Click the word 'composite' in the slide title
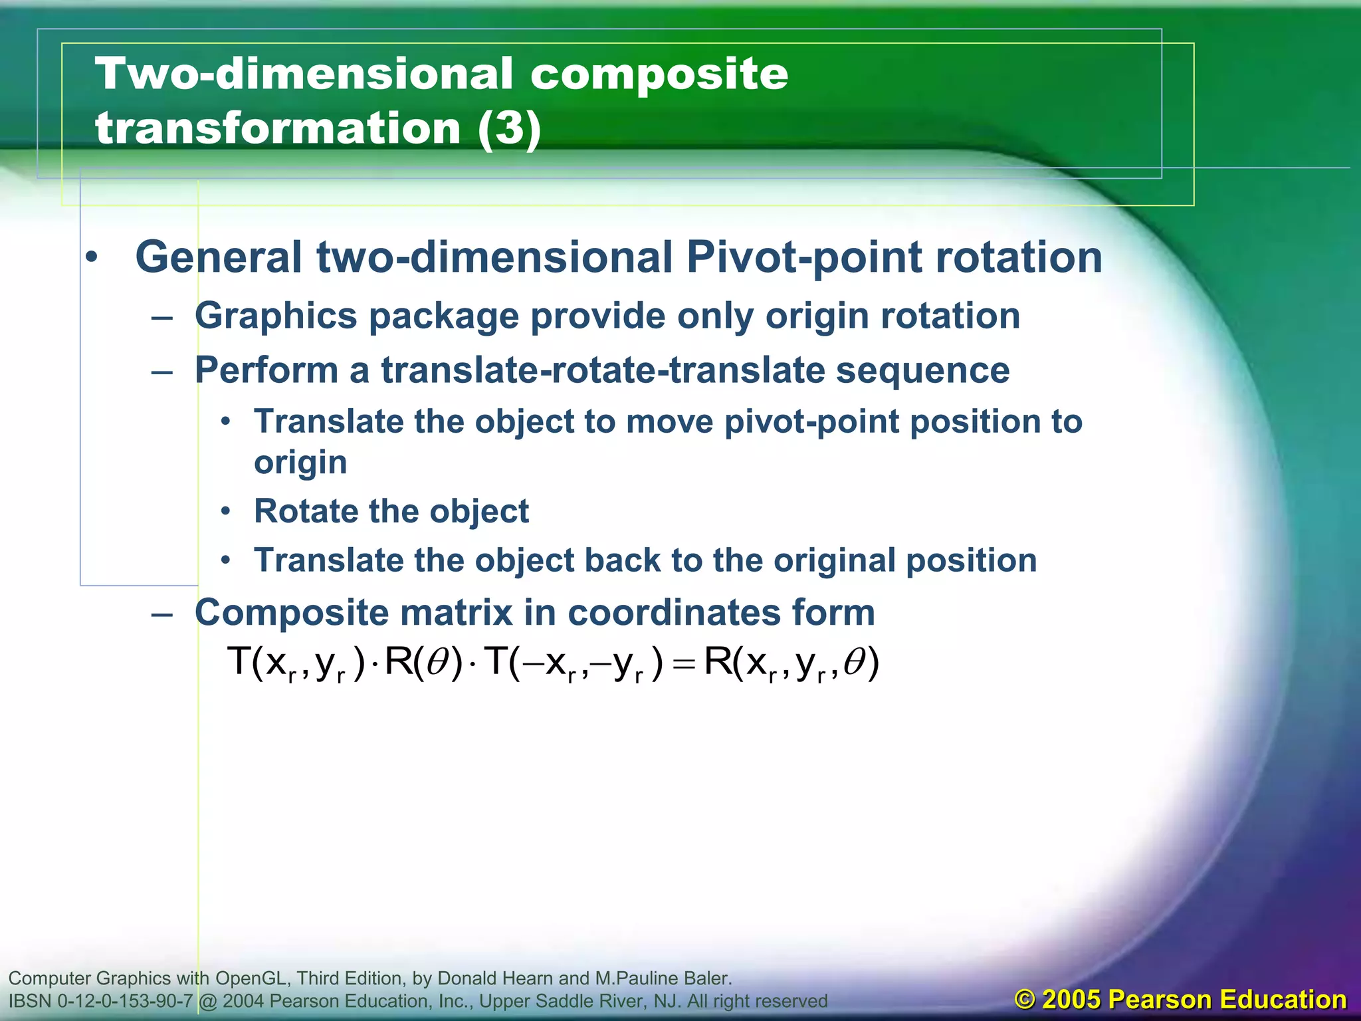(659, 74)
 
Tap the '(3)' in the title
(509, 128)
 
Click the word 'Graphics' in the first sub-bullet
(276, 316)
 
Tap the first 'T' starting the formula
(238, 662)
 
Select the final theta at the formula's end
(854, 662)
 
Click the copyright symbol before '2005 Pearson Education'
(1025, 1000)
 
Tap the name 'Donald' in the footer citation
(470, 978)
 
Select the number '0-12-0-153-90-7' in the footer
(126, 1001)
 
